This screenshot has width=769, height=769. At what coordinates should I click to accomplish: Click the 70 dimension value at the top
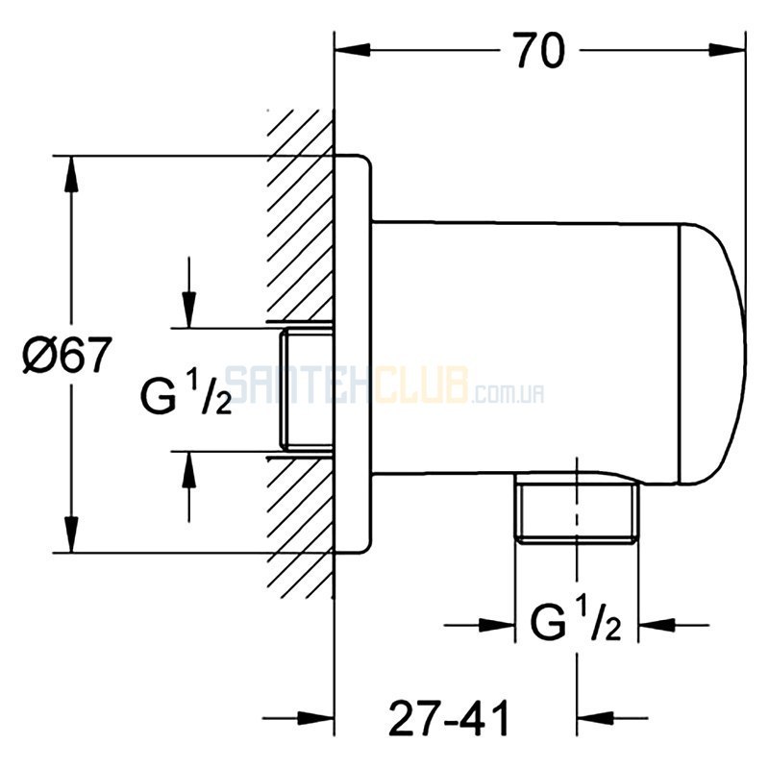(x=538, y=51)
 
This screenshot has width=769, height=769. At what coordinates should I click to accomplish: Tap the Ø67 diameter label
(x=67, y=355)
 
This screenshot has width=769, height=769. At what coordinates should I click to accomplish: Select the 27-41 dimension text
(x=449, y=718)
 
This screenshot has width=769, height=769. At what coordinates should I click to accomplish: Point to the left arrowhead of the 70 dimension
(x=352, y=50)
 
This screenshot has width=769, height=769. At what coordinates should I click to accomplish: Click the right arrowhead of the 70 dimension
(x=728, y=50)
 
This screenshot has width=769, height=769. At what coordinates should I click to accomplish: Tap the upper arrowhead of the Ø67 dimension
(x=71, y=174)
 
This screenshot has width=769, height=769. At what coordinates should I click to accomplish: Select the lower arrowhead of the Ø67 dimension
(x=71, y=534)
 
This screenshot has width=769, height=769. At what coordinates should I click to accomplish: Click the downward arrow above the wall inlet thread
(x=188, y=292)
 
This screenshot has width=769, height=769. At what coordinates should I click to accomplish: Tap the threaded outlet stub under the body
(x=576, y=511)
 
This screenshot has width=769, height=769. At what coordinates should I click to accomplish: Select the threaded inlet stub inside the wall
(x=307, y=389)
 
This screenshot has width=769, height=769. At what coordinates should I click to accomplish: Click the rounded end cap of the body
(x=712, y=354)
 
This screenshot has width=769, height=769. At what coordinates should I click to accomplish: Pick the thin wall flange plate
(x=353, y=354)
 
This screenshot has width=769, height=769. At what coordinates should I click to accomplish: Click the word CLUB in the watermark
(x=421, y=385)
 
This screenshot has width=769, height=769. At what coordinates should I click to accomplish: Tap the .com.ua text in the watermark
(x=508, y=393)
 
